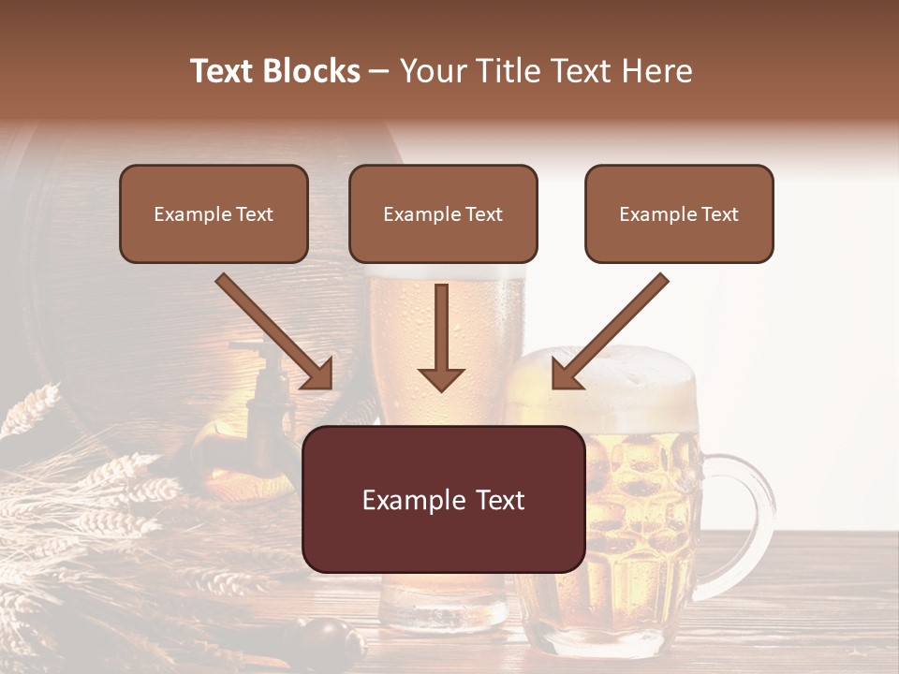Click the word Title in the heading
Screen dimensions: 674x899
[506, 71]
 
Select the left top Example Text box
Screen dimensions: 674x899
[214, 213]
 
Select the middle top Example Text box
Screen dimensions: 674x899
[443, 213]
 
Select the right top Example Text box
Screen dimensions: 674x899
[679, 213]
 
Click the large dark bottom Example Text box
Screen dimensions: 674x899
[443, 499]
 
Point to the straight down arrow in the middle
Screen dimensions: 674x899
[441, 337]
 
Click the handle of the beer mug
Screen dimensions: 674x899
[749, 505]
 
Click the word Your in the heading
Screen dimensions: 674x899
[431, 71]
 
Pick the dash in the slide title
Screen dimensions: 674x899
[379, 71]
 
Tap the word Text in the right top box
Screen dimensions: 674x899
[719, 213]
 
